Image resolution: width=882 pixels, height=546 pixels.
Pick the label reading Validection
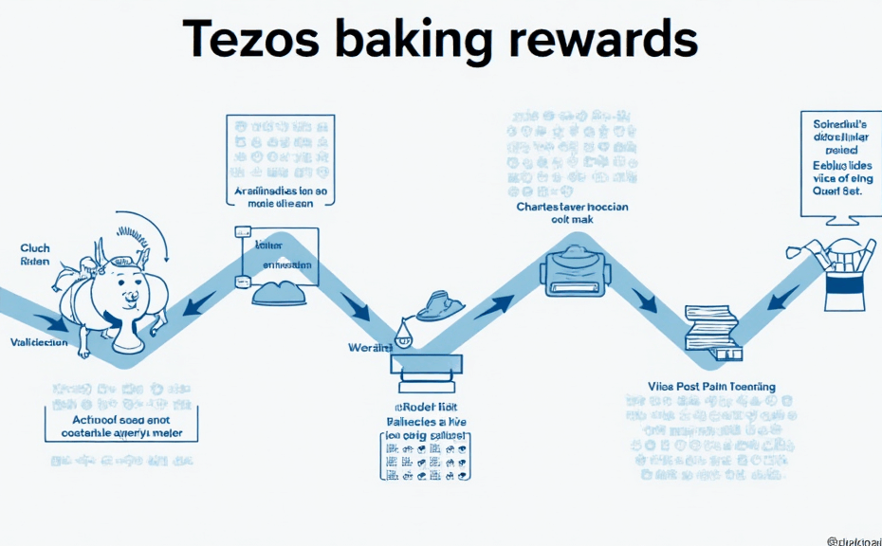click(x=39, y=342)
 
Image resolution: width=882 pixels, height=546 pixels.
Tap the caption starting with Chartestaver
click(x=572, y=213)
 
